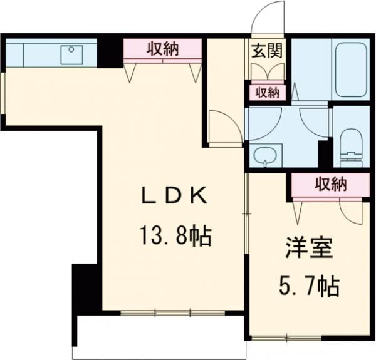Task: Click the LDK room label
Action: pyautogui.click(x=174, y=197)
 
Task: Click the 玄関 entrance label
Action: pyautogui.click(x=266, y=51)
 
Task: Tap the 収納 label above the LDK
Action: pyautogui.click(x=163, y=49)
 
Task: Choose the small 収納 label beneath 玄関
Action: pyautogui.click(x=266, y=93)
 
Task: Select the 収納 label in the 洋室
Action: pyautogui.click(x=330, y=184)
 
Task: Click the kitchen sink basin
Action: pyautogui.click(x=71, y=54)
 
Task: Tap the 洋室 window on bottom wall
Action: pyautogui.click(x=285, y=339)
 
